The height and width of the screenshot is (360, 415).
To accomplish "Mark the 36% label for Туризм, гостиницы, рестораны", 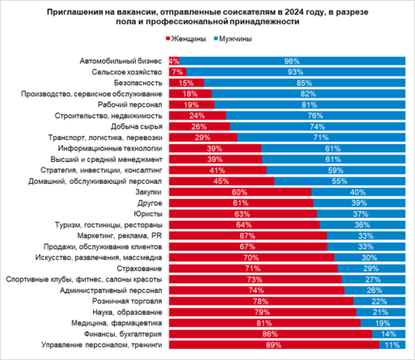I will pyautogui.click(x=362, y=224).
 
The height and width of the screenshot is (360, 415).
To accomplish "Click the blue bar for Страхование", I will pyautogui.click(x=371, y=268).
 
